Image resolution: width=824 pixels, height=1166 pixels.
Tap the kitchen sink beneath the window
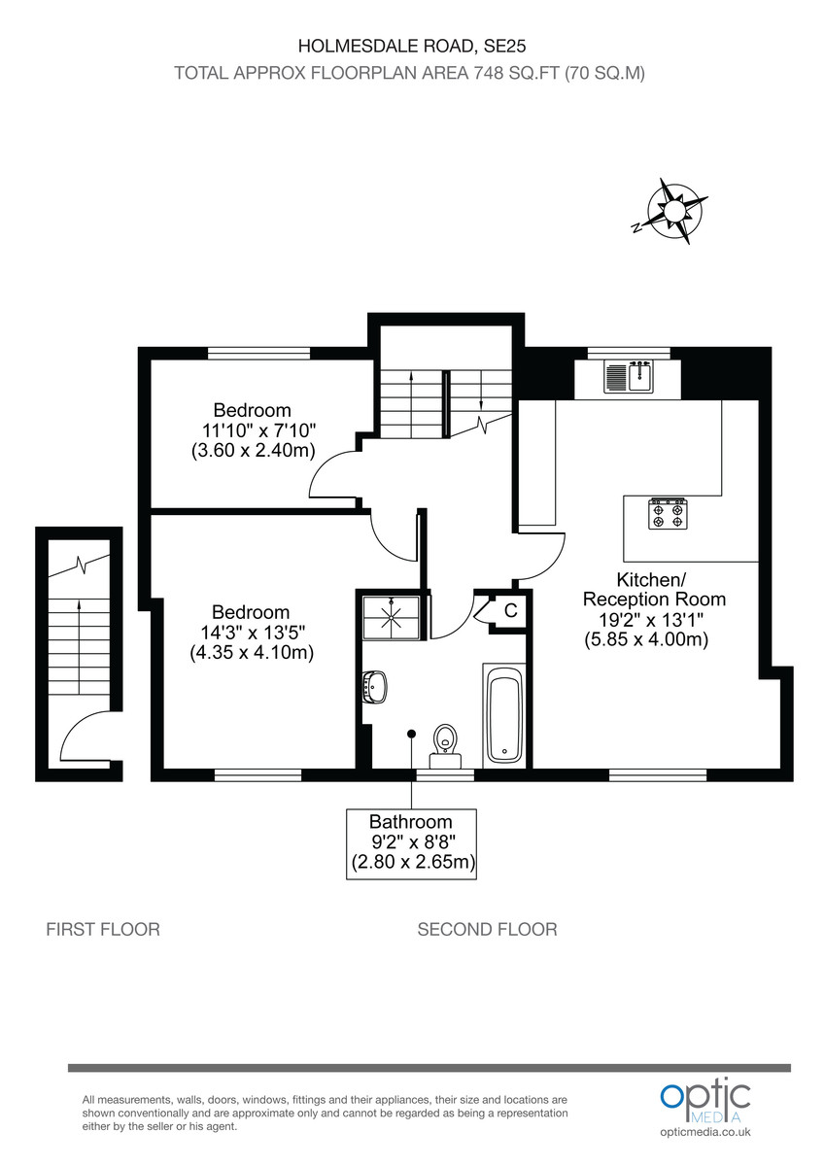tap(628, 376)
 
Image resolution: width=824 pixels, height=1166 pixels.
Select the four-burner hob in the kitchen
tap(669, 513)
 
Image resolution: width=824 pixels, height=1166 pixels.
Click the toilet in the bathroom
tap(445, 741)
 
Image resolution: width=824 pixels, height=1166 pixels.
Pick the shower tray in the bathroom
tap(392, 615)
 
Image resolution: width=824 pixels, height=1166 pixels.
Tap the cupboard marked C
tap(508, 611)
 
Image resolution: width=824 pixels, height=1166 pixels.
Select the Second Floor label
tap(487, 930)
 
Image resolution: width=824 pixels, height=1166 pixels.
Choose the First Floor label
tap(103, 930)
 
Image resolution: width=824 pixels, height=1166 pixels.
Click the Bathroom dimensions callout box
tap(412, 842)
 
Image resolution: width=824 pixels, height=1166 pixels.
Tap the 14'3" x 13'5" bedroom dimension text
tap(251, 633)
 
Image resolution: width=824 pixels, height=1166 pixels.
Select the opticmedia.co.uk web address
tap(704, 1132)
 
